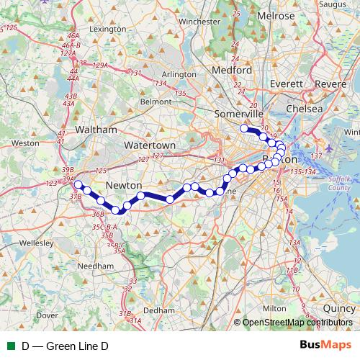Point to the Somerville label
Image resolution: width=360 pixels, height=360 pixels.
[239, 114]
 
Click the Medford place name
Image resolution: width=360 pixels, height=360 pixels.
[233, 71]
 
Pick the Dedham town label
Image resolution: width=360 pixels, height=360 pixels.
[159, 310]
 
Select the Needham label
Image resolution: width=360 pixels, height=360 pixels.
[96, 266]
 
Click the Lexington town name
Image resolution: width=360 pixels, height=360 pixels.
[108, 29]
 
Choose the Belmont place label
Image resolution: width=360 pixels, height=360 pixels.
[156, 102]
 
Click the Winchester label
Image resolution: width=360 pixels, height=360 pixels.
[199, 22]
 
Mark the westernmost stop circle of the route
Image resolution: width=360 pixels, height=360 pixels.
[78, 184]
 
